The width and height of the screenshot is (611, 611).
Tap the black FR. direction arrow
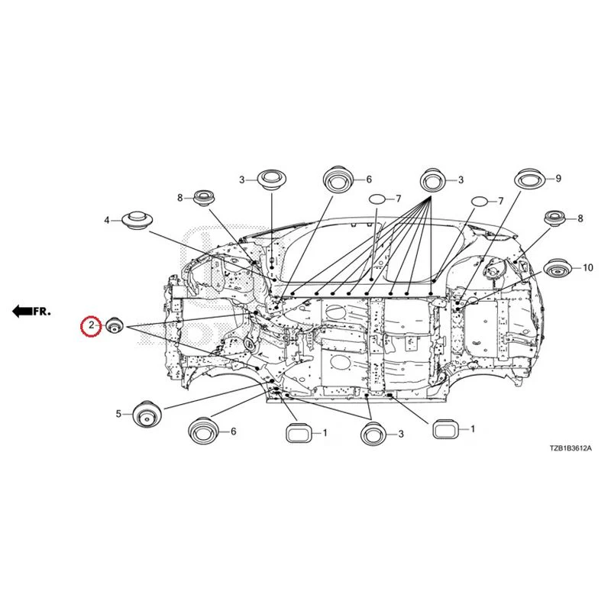(22, 311)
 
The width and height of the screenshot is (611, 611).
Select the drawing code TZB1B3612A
(571, 448)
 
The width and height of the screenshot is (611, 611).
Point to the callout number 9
(558, 179)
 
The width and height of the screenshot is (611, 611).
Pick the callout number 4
(107, 221)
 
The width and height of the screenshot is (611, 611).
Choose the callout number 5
(118, 414)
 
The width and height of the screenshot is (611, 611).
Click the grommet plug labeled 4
(137, 221)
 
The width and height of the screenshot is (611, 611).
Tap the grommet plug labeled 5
(147, 415)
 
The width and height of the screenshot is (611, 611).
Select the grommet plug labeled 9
(529, 179)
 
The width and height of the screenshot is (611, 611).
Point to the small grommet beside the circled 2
(115, 325)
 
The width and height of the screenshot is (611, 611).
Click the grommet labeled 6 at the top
(338, 179)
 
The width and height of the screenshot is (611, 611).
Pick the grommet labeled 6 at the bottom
(203, 431)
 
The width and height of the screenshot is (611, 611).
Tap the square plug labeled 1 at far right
(445, 429)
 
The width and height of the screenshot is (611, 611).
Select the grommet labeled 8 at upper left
(205, 198)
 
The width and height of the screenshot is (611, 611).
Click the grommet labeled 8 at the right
(555, 218)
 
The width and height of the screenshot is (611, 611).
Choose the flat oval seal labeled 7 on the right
(480, 202)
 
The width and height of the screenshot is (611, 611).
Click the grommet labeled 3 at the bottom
(373, 433)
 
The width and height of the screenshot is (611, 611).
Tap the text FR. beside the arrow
(42, 312)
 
